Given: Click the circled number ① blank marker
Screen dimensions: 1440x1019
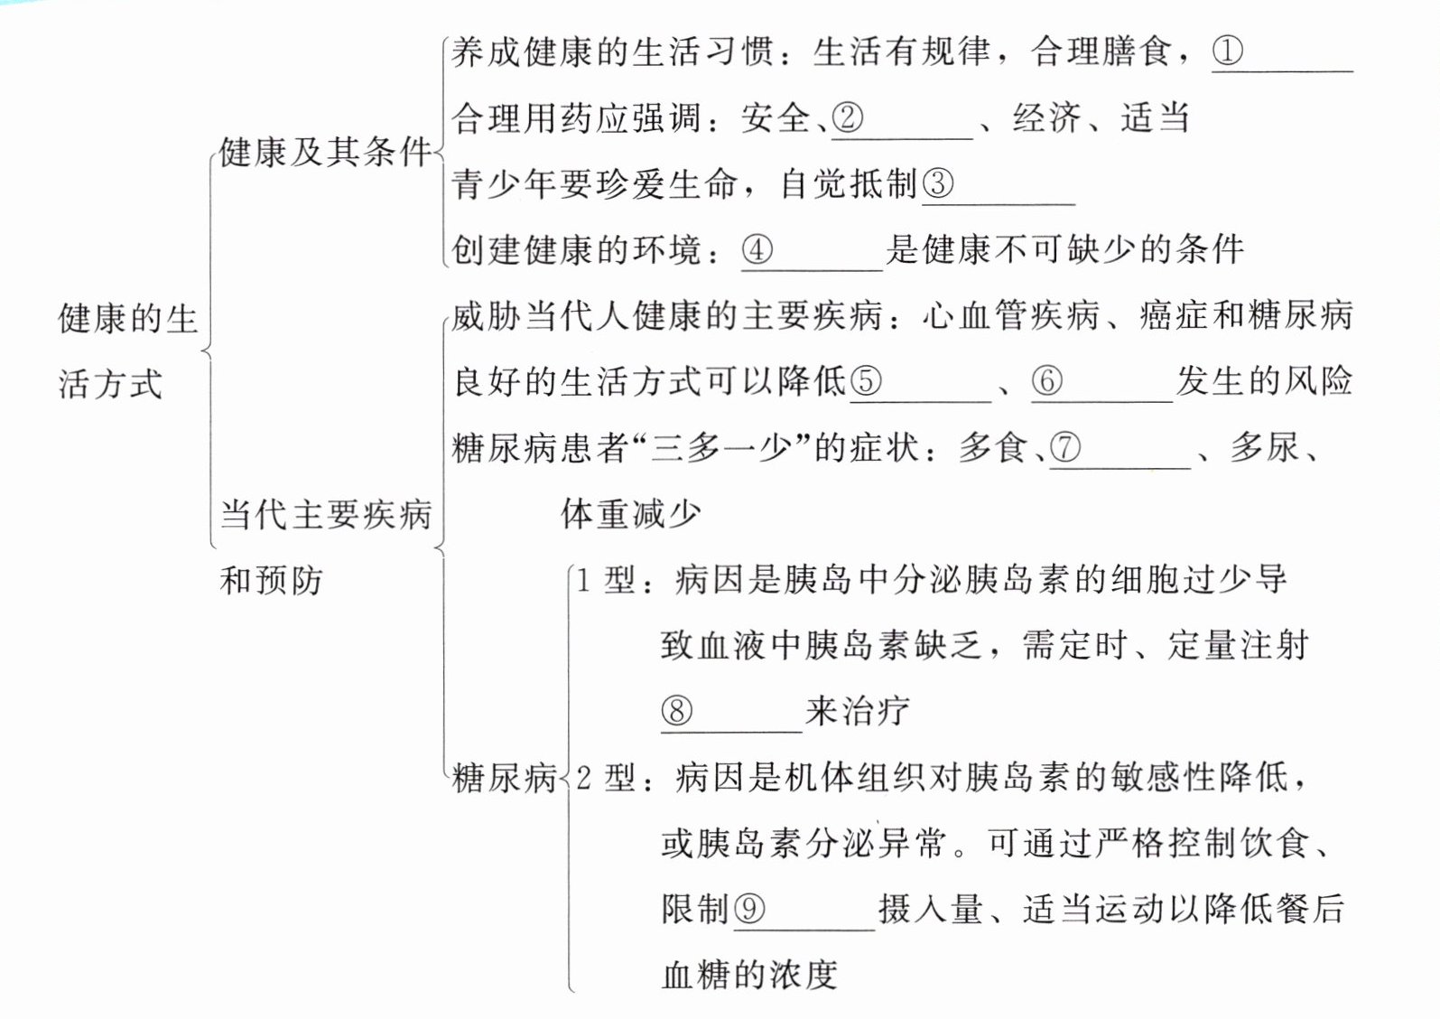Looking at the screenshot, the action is [x=1227, y=51].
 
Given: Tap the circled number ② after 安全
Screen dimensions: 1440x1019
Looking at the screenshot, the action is [x=848, y=117].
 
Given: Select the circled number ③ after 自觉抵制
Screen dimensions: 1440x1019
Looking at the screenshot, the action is [x=937, y=184].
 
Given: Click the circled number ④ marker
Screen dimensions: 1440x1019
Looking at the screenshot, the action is [x=757, y=249].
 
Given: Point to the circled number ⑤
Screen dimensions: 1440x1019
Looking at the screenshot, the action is [x=865, y=381].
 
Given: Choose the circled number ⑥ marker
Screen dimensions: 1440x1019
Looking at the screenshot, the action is [x=1046, y=381].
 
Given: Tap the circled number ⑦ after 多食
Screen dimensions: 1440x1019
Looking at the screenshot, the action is [x=1065, y=447].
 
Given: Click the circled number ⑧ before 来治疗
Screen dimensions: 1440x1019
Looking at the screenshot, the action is [x=677, y=711].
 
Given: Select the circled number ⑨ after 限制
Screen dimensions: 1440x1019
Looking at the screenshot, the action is [x=749, y=908].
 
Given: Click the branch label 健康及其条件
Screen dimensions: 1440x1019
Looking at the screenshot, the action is [x=325, y=152].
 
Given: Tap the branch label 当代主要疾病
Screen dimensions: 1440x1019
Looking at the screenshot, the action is [x=326, y=515].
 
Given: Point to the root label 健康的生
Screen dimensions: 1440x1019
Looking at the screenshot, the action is [x=127, y=319].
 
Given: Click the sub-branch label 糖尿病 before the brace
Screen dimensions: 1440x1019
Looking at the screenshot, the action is [x=504, y=777].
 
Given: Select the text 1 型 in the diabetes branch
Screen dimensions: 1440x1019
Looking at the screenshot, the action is [x=606, y=580].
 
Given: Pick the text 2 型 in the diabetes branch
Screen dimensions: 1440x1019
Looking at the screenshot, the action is [x=606, y=777].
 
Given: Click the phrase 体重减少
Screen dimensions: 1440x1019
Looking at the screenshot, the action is [x=630, y=514].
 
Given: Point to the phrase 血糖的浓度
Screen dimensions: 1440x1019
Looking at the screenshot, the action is [x=749, y=975].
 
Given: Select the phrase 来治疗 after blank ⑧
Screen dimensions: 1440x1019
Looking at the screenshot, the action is [x=857, y=711].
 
